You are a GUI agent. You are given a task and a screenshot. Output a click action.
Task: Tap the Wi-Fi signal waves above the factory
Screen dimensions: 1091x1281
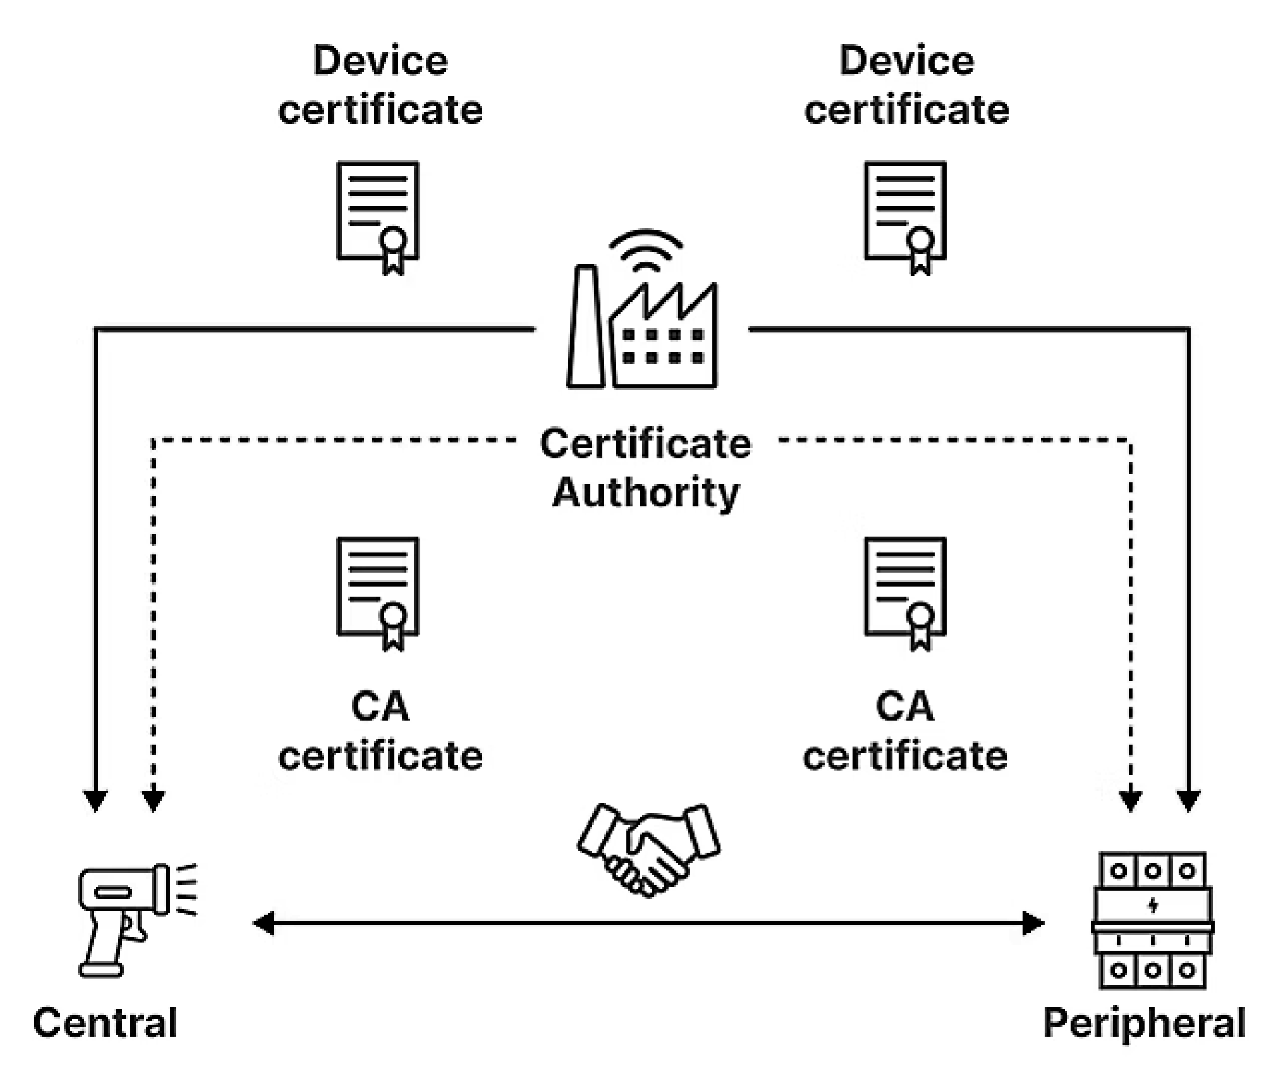point(646,250)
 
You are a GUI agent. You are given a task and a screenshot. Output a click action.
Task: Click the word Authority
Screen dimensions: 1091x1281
point(646,493)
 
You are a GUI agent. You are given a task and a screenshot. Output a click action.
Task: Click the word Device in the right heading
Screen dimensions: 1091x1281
point(906,61)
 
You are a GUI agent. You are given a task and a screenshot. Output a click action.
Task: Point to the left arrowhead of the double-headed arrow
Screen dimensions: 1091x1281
point(265,923)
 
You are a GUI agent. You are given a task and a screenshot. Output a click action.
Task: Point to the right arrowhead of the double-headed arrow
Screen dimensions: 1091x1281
point(1033,923)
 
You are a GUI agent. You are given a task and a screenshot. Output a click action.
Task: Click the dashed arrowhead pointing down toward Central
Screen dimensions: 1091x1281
point(153,800)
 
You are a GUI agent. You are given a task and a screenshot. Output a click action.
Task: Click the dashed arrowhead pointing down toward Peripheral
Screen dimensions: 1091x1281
point(1130,800)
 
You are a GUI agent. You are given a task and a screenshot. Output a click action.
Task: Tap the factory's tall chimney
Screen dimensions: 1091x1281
point(585,328)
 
